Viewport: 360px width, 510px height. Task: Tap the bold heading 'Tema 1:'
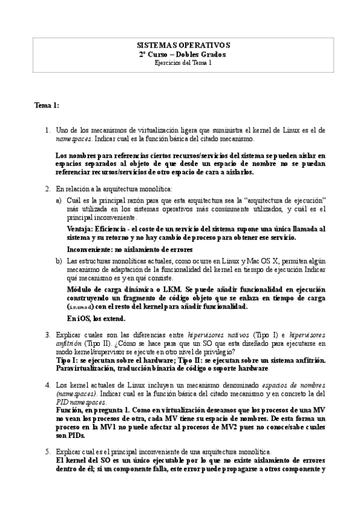click(x=47, y=106)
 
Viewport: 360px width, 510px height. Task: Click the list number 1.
click(x=47, y=130)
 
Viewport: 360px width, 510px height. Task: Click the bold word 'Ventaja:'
click(x=82, y=229)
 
